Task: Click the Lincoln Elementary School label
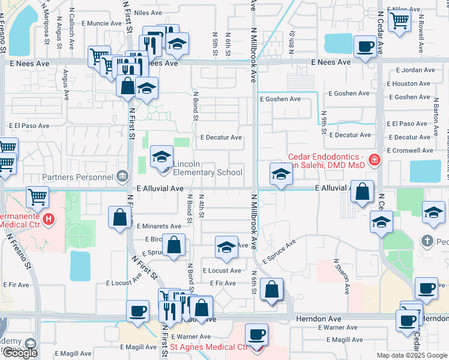(208, 168)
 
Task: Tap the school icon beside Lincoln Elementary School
(161, 158)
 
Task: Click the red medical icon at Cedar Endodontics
(375, 160)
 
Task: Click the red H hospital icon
(49, 220)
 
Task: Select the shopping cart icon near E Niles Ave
(399, 20)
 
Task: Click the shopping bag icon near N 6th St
(272, 290)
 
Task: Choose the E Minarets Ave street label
(158, 226)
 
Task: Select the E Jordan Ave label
(411, 70)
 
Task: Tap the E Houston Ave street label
(411, 83)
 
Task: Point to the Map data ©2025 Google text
(411, 355)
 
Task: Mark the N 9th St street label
(324, 121)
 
